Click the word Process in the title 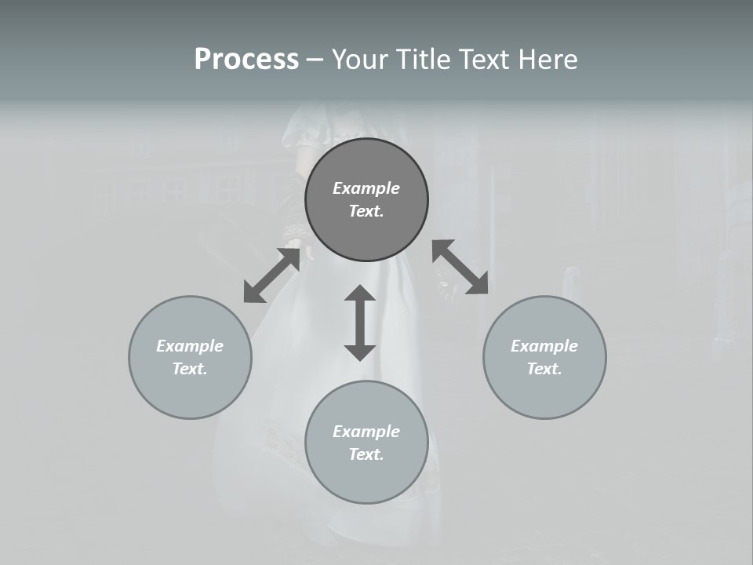(x=246, y=60)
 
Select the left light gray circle (x=190, y=392)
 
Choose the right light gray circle (x=544, y=392)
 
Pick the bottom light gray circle (x=366, y=479)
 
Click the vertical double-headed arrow (x=360, y=323)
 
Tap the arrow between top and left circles (x=271, y=275)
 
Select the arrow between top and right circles (x=460, y=267)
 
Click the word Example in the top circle (x=366, y=188)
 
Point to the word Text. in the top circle (x=366, y=211)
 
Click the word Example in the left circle (x=190, y=346)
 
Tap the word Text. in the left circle (x=190, y=369)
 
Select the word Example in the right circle (x=544, y=346)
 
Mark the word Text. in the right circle (x=544, y=369)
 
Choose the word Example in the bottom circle (x=366, y=432)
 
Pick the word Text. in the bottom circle (x=366, y=454)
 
